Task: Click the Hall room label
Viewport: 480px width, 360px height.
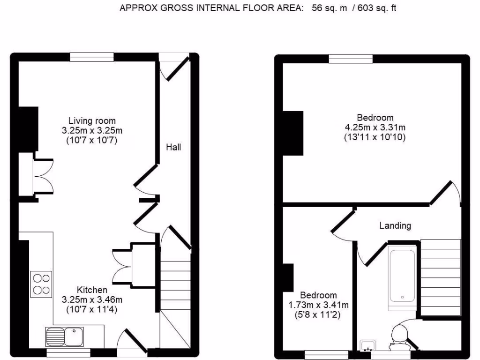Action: click(x=173, y=147)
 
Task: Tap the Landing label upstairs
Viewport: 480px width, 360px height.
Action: click(x=395, y=225)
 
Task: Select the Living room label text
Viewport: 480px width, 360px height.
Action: click(x=92, y=120)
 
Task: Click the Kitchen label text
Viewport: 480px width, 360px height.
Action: click(x=92, y=290)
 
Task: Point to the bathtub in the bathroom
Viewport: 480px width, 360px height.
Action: click(x=402, y=276)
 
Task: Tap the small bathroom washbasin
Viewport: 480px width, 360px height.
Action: click(x=367, y=346)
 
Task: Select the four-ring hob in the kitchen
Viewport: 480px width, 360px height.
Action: click(x=41, y=284)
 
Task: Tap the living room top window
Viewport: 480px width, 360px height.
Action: click(x=92, y=57)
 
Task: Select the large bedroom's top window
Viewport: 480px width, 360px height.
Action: click(x=351, y=59)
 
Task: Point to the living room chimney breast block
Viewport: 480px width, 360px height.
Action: click(x=28, y=129)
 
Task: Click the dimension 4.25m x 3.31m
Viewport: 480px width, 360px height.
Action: click(x=375, y=127)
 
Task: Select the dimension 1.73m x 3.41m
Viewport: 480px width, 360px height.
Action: click(x=318, y=305)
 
